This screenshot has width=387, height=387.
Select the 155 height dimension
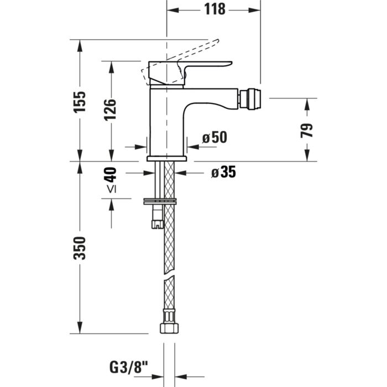80,102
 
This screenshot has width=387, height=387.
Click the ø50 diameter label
214,138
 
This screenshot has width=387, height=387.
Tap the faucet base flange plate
166,159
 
